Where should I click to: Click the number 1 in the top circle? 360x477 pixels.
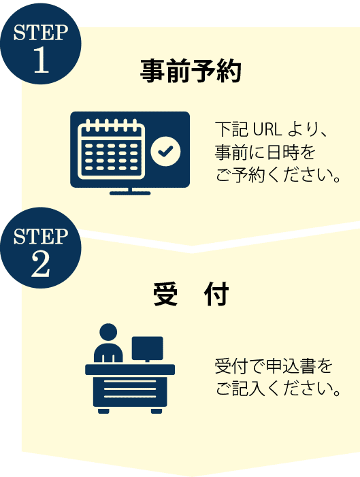(x=41, y=60)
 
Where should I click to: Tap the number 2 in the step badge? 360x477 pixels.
(x=40, y=265)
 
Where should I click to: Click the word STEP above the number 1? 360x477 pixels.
(x=40, y=33)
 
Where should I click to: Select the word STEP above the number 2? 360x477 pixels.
(x=40, y=236)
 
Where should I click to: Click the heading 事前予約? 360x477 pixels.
(x=191, y=71)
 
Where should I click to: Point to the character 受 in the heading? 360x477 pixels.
(x=165, y=294)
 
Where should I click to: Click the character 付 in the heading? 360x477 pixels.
(x=216, y=294)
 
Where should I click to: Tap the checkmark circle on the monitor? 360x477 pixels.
(x=165, y=151)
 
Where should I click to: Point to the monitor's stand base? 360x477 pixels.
(x=130, y=193)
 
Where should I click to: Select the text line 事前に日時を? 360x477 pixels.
(x=265, y=152)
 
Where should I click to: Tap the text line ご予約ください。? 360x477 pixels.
(x=278, y=176)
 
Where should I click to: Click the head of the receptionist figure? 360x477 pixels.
(x=108, y=332)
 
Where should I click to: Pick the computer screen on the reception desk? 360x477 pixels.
(x=147, y=348)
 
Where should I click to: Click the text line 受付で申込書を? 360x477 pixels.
(x=274, y=366)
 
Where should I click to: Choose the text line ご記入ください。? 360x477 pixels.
(x=278, y=389)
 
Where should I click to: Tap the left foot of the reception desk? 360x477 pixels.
(x=103, y=411)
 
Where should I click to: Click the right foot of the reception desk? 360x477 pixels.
(x=157, y=411)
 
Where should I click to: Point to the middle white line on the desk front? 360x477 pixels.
(x=130, y=389)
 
